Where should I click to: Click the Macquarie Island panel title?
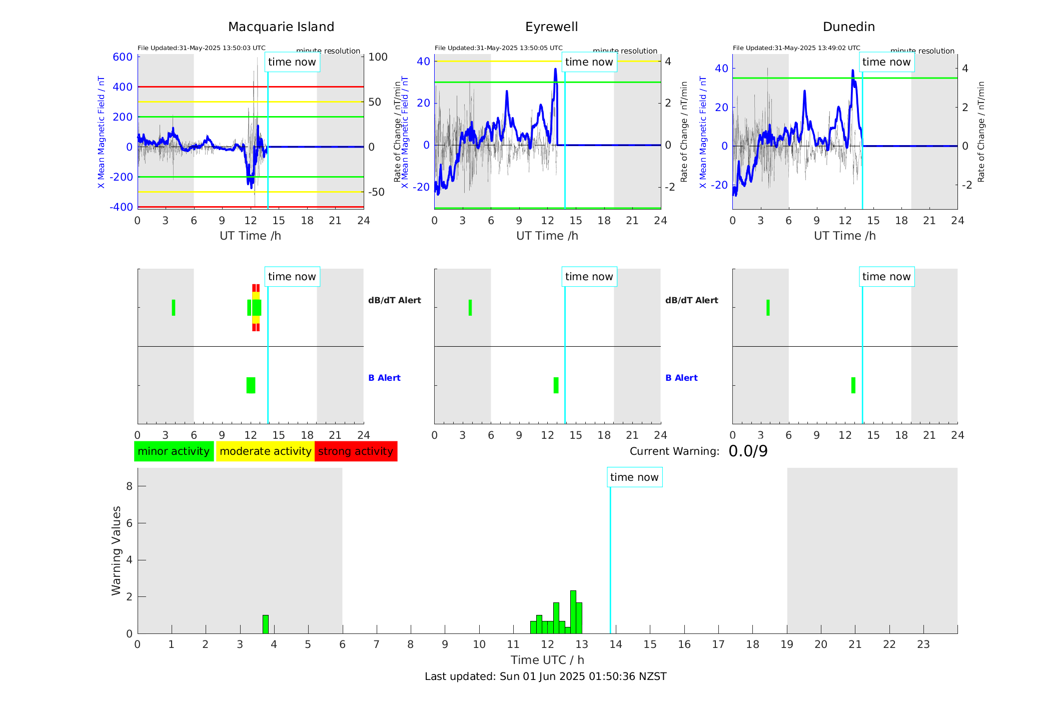(x=281, y=27)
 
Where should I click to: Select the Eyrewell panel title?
(x=551, y=27)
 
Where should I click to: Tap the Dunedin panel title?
(x=848, y=27)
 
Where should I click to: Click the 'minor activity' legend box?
(x=174, y=451)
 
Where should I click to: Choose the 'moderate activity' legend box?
(x=265, y=451)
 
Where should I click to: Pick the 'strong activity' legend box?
(x=356, y=451)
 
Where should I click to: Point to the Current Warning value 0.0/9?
(x=748, y=451)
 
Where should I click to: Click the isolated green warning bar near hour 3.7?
(x=266, y=624)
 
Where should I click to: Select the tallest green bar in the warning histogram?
(x=573, y=612)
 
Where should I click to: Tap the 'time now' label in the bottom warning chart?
(x=634, y=477)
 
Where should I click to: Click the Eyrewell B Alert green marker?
(x=556, y=385)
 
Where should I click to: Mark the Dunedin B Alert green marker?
(x=853, y=385)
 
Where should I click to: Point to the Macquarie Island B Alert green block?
(x=251, y=385)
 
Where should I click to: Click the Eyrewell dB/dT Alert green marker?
(x=470, y=308)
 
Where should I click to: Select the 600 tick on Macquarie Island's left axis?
(x=123, y=57)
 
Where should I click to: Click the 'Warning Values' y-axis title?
(x=117, y=550)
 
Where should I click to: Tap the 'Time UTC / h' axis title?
(x=547, y=660)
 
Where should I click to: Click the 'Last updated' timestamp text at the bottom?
(x=545, y=676)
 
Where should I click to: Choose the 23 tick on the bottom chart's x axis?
(x=923, y=644)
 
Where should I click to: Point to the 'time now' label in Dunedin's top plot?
(x=886, y=62)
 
